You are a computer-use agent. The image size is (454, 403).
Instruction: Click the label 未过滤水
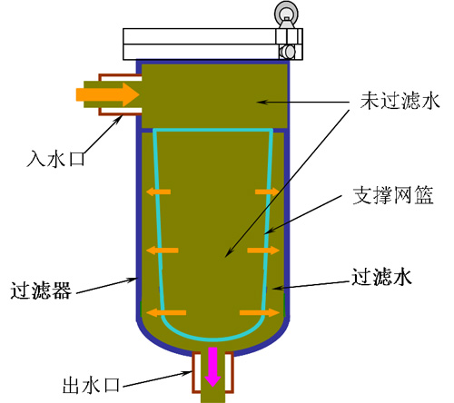(400, 101)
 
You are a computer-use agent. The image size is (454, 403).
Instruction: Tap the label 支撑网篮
(393, 195)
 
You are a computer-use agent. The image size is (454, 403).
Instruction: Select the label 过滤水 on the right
(381, 277)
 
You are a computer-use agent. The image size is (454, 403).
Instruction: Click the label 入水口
(55, 159)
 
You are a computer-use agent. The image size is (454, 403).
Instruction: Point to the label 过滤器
(41, 290)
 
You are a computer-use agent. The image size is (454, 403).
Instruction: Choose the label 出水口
(91, 386)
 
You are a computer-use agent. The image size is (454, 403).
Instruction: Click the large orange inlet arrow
(107, 94)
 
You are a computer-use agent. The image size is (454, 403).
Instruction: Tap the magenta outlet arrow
(212, 367)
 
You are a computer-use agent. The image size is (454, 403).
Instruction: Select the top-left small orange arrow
(158, 192)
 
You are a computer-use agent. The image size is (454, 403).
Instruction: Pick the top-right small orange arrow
(267, 192)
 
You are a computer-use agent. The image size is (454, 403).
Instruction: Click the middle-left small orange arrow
(163, 251)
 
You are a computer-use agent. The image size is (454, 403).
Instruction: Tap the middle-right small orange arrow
(263, 251)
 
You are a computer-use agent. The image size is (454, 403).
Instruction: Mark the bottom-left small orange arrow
(166, 312)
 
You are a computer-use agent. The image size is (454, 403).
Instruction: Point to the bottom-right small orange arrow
(260, 312)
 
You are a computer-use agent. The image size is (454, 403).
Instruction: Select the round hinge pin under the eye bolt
(288, 52)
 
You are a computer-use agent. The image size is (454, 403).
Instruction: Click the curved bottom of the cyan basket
(213, 339)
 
